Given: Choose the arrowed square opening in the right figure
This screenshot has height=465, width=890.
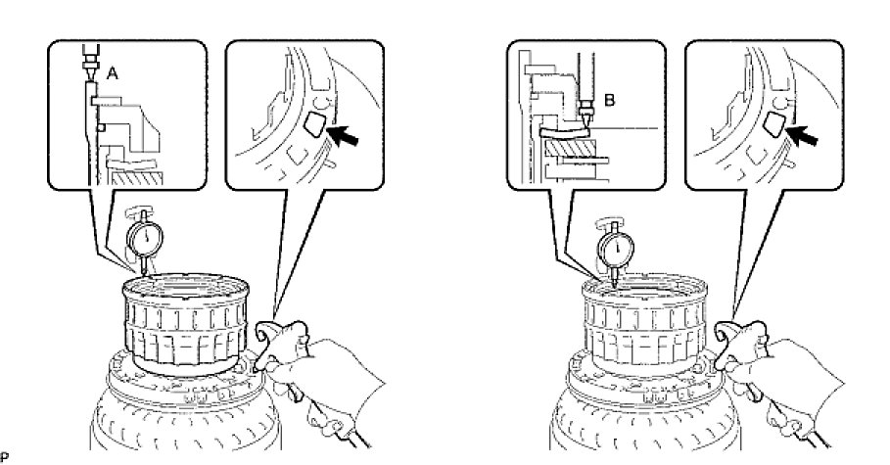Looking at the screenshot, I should coord(773,123).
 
